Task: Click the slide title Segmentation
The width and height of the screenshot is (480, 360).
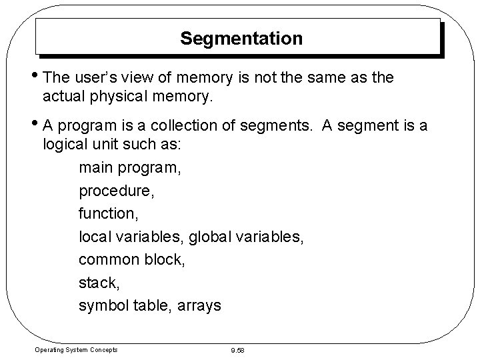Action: click(241, 39)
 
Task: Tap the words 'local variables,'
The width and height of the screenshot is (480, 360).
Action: click(131, 236)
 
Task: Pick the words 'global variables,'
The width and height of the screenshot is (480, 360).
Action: click(247, 236)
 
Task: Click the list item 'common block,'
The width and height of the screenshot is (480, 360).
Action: click(132, 259)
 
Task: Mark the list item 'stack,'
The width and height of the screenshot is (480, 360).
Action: click(98, 283)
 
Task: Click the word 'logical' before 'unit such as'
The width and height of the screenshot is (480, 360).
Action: click(65, 146)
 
